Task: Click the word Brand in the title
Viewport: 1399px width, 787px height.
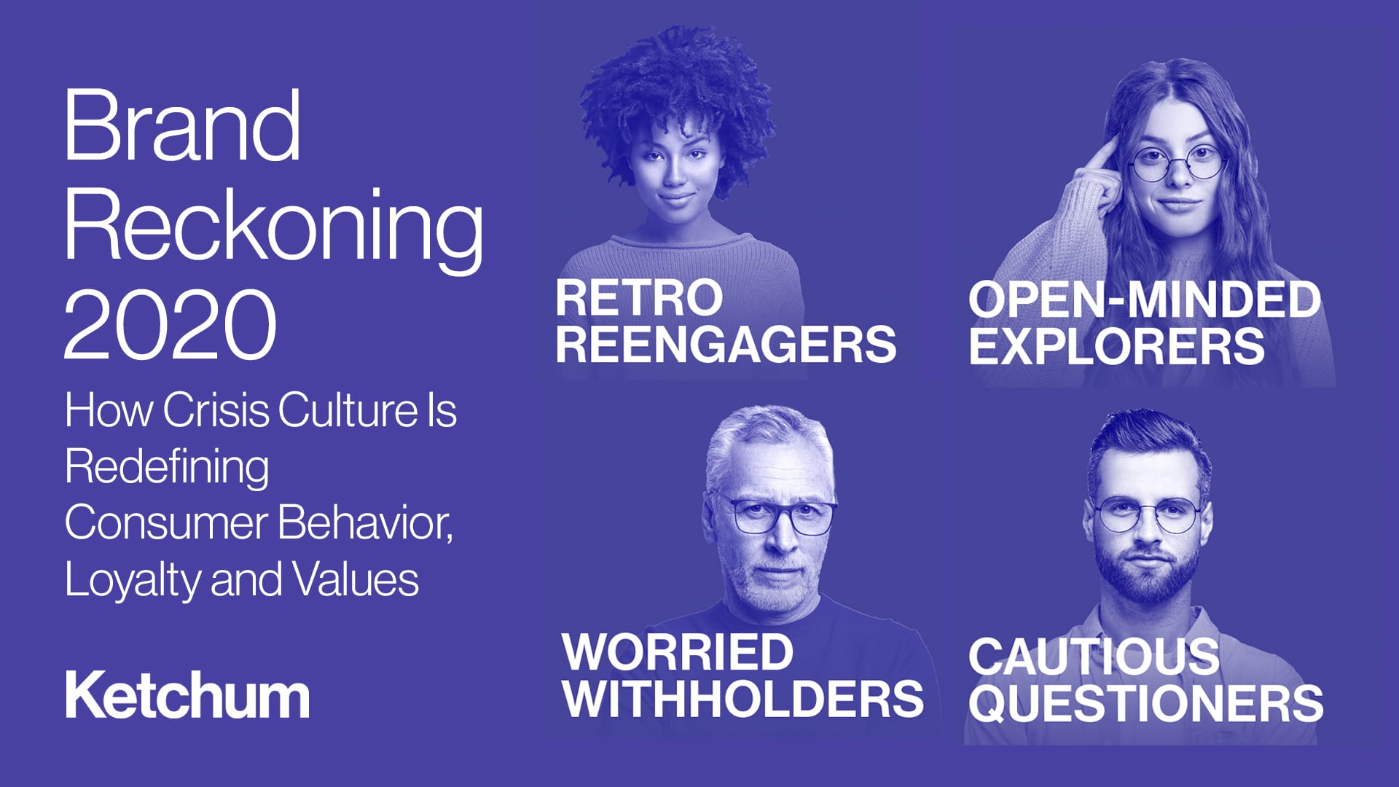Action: coord(182,125)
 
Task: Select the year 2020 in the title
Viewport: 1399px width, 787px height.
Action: coord(171,324)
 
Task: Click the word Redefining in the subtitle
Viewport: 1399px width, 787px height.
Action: coord(167,468)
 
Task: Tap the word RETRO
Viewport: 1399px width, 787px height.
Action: coord(639,297)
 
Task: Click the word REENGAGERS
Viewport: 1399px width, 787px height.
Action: coord(726,344)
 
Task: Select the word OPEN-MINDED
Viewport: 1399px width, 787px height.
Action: coord(1144,299)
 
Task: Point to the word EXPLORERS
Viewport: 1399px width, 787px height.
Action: coord(1116,346)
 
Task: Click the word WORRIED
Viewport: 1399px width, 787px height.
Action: coord(678,651)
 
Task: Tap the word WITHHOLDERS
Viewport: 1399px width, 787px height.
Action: coord(743,698)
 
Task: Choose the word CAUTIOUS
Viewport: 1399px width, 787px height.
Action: coord(1094,656)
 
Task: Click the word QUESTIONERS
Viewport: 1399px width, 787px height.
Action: coord(1145,703)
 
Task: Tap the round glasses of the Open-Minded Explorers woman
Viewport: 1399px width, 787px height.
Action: coord(1175,165)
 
